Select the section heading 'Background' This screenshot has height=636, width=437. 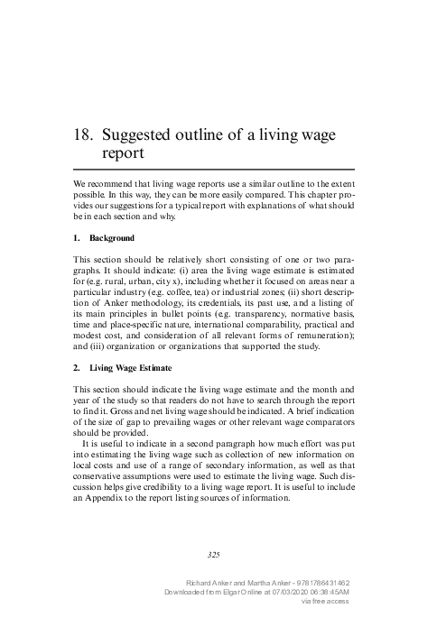(x=112, y=239)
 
